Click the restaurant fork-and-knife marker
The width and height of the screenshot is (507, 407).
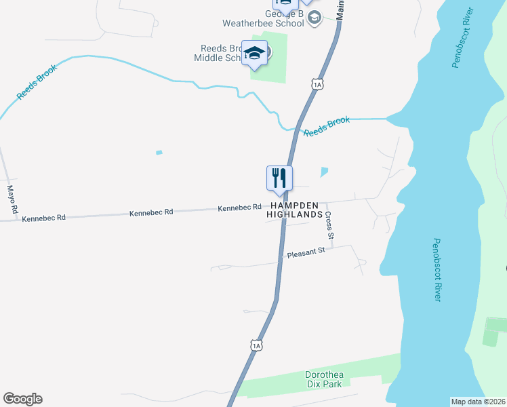(279, 179)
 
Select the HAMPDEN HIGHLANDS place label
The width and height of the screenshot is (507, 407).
(295, 210)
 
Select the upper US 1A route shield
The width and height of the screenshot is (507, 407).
(318, 83)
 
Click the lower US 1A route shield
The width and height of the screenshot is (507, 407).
(256, 346)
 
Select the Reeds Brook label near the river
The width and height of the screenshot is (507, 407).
(327, 126)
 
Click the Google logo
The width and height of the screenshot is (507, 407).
(22, 399)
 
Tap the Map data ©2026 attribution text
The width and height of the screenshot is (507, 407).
(478, 402)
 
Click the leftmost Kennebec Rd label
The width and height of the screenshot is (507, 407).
(43, 218)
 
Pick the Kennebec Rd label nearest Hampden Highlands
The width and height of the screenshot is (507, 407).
(239, 208)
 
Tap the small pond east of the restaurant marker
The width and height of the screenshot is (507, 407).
(324, 172)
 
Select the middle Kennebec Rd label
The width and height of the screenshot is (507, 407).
(151, 212)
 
